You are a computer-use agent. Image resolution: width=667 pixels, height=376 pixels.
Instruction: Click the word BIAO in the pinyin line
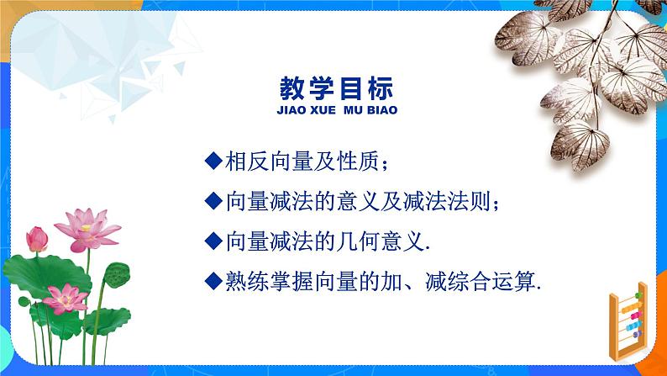pos(382,110)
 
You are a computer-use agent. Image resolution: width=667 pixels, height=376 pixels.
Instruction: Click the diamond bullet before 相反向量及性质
pos(213,160)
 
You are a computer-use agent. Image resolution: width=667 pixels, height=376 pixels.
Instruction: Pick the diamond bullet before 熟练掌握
pos(213,282)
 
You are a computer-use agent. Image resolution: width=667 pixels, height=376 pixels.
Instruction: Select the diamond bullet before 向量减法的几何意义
pos(213,241)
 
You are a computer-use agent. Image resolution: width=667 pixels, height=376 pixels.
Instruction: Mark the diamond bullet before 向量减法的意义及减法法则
pos(213,201)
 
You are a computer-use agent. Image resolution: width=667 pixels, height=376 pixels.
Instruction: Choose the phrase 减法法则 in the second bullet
pos(454,201)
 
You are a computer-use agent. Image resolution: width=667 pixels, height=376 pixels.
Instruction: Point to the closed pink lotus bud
pos(37,239)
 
